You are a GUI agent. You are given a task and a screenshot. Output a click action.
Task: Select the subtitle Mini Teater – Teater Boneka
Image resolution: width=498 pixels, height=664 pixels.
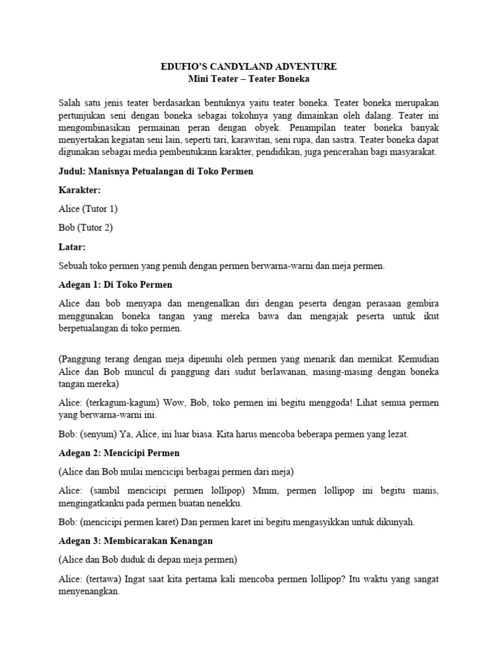[x=249, y=79]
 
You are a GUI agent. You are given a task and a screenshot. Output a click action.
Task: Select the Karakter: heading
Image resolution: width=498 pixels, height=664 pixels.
[x=80, y=190]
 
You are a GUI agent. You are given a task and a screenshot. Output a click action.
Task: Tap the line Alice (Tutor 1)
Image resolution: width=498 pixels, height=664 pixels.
[x=88, y=209]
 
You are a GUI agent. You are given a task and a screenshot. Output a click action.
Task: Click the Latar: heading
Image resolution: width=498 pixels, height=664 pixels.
[x=72, y=247]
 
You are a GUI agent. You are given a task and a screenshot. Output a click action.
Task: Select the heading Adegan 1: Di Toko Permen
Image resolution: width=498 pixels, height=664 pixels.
[x=115, y=285]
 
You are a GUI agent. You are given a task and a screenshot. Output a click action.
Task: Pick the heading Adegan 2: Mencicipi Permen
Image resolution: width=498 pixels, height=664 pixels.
[x=119, y=452]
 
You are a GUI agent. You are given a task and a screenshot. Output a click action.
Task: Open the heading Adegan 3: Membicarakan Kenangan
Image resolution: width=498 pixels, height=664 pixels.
[x=135, y=540]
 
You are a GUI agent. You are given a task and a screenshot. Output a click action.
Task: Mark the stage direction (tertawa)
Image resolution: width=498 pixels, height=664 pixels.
[x=104, y=578]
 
